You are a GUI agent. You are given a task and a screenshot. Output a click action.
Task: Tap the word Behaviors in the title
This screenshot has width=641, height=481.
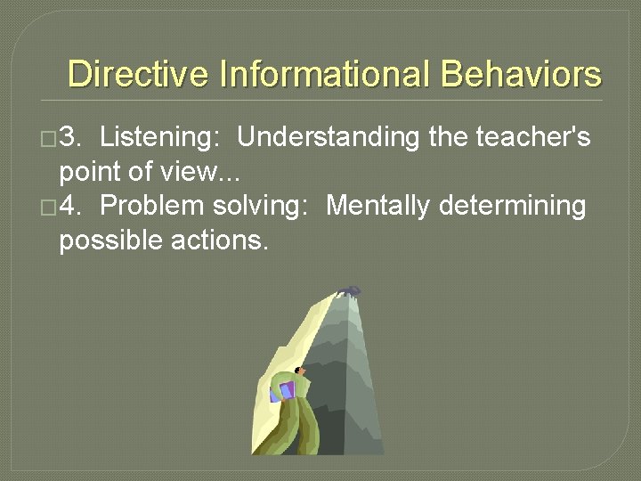521,74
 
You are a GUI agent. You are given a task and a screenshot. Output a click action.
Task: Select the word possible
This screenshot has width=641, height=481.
111,240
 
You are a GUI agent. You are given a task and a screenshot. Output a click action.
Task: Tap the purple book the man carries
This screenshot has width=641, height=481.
284,390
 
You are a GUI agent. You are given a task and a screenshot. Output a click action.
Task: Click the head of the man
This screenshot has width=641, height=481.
300,371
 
